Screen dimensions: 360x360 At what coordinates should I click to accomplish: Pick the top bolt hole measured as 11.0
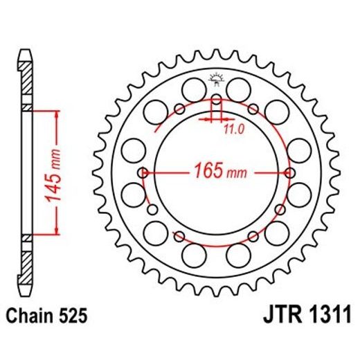(x=216, y=101)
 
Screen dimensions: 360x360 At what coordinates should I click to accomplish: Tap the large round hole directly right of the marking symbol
(x=239, y=89)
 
